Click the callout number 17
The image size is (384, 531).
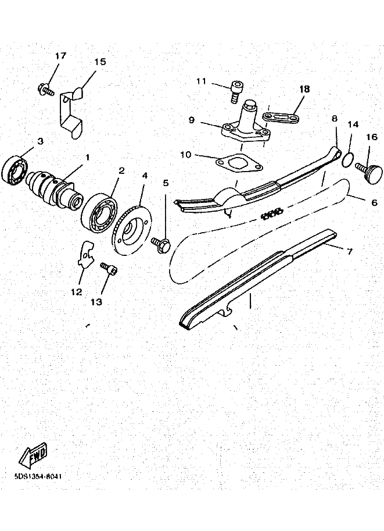(x=61, y=56)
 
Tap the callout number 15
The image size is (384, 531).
(x=100, y=62)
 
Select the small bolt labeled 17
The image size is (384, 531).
(x=46, y=90)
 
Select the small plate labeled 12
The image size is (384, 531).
(x=85, y=254)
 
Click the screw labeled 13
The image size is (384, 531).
(x=110, y=269)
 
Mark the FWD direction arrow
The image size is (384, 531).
(x=33, y=454)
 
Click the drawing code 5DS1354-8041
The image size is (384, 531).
(x=38, y=476)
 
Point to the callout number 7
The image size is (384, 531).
(x=349, y=251)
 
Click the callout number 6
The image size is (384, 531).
(x=374, y=203)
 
